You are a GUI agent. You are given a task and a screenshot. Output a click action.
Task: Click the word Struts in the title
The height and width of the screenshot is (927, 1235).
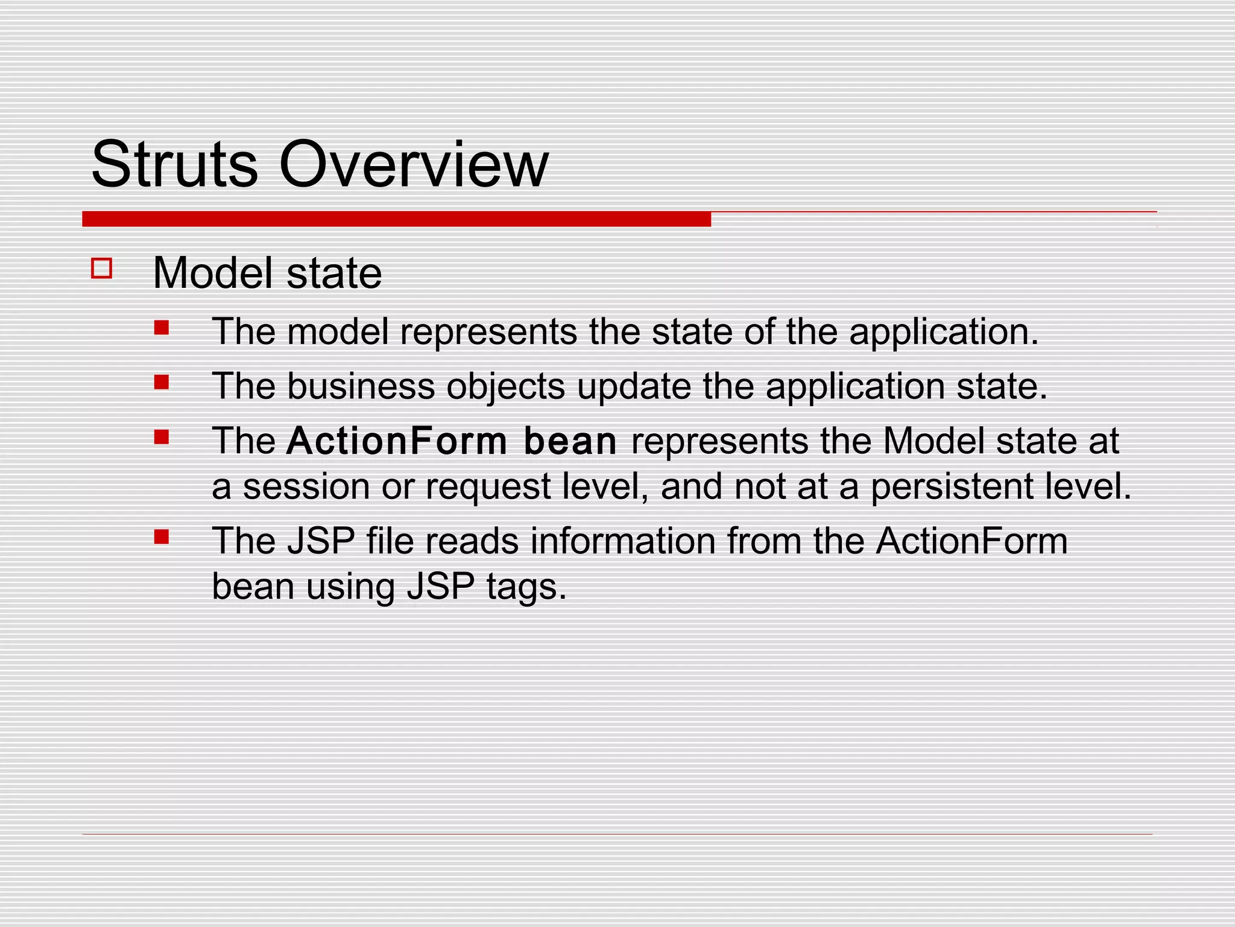pos(174,164)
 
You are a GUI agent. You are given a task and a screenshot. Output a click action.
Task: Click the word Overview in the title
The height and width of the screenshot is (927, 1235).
pos(413,164)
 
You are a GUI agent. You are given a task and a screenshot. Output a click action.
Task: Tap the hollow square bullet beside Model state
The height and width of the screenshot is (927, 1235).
pos(102,268)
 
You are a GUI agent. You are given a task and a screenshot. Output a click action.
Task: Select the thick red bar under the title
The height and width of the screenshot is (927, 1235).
pos(396,219)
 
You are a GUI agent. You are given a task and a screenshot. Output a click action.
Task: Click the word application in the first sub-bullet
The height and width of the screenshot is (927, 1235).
pos(944,332)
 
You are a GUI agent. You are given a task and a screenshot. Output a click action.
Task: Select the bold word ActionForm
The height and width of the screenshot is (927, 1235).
pos(397,441)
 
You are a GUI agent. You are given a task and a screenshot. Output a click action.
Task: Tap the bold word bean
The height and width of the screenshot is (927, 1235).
pos(570,441)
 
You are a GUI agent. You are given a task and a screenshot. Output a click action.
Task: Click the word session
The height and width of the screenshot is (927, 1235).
pos(306,486)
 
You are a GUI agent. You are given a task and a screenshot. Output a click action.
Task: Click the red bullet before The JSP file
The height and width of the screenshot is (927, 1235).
pos(161,537)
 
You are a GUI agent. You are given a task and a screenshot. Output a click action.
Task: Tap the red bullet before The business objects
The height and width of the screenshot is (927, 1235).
pos(161,382)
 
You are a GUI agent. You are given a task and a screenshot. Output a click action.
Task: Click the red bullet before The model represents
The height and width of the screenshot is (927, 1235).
pos(161,328)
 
